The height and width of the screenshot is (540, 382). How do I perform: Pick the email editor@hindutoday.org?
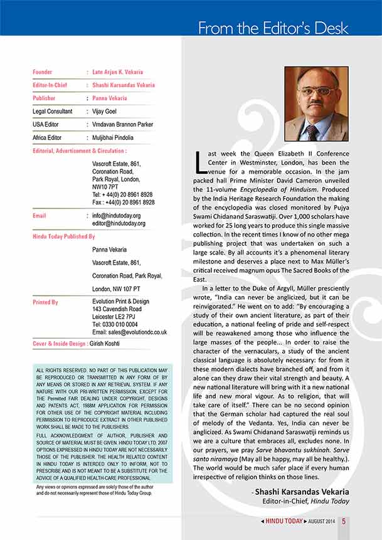(x=119, y=223)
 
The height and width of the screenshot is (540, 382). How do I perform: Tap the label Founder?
(x=42, y=72)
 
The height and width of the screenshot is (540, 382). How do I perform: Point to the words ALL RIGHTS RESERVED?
(x=63, y=371)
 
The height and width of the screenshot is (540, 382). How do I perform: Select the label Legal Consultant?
(x=53, y=111)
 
